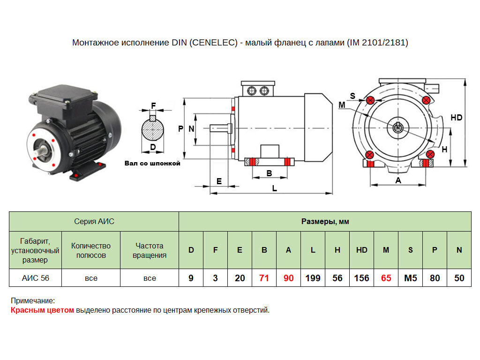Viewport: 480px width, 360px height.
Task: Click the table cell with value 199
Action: coord(313,278)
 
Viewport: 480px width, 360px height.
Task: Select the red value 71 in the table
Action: coord(264,278)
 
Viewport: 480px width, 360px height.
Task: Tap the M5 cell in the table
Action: coord(410,278)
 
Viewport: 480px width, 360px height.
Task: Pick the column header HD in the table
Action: coord(361,250)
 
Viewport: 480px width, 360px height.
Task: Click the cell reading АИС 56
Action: coord(36,278)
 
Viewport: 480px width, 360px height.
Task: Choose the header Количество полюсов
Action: coord(91,250)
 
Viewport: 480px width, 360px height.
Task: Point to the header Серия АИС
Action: coord(94,221)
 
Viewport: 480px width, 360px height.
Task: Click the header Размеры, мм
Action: coord(325,221)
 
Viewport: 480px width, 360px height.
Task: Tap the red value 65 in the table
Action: coord(386,278)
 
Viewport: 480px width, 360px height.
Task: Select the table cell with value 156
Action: coord(361,278)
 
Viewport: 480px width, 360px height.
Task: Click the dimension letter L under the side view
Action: coord(275,188)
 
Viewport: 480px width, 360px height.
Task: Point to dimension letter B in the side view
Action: coord(269,173)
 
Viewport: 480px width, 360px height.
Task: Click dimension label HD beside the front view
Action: coord(456,118)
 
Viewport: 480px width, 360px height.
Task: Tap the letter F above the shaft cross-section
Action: coord(153,105)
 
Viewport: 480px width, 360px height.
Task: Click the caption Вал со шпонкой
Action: coord(152,164)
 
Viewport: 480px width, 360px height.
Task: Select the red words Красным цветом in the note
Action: coord(42,310)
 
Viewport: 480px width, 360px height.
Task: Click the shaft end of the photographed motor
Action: coord(43,151)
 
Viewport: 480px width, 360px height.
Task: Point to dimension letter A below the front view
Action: coord(398,180)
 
